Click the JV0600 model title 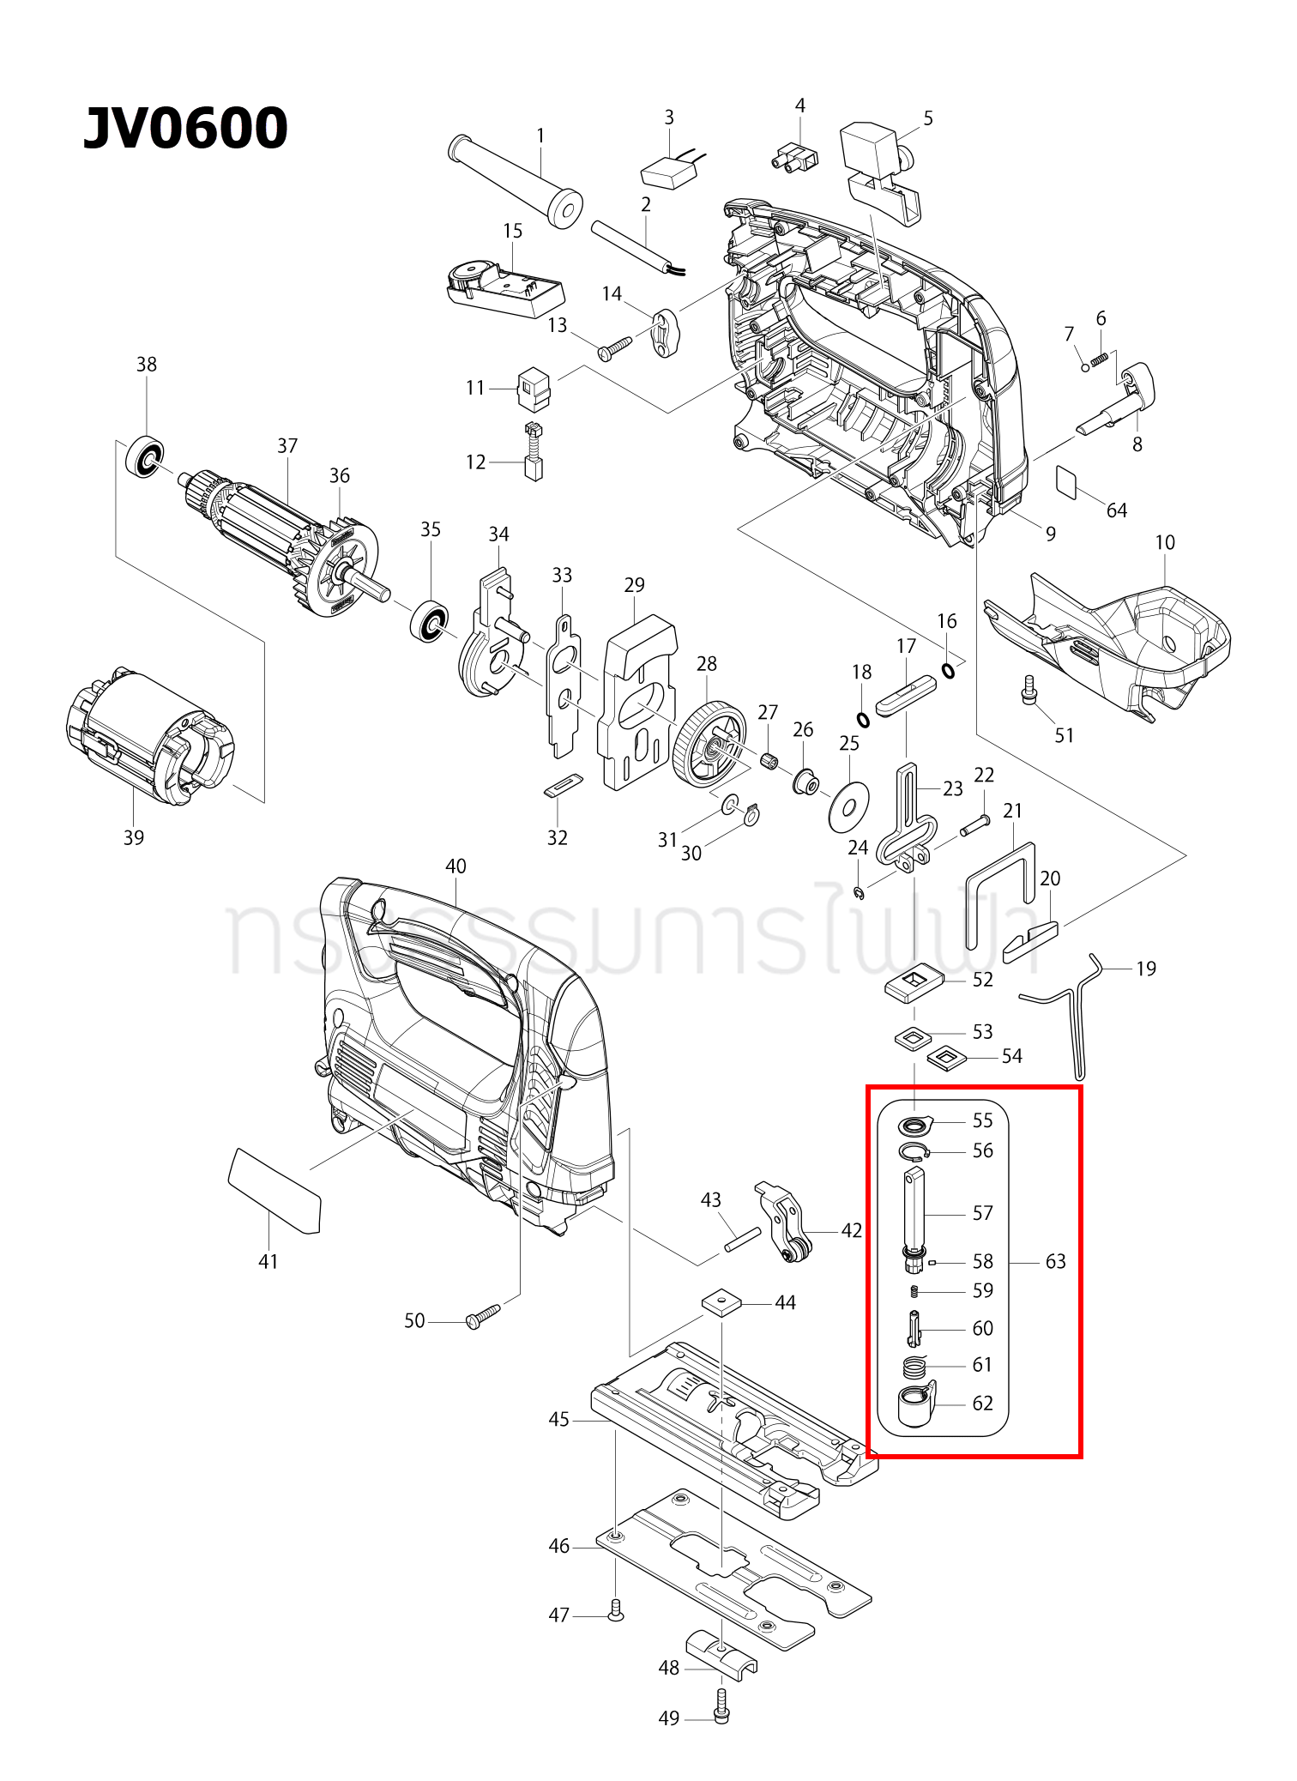click(x=185, y=129)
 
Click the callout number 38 click(x=147, y=364)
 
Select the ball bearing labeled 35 click(x=429, y=621)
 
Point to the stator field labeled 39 click(x=150, y=736)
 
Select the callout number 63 click(x=1055, y=1261)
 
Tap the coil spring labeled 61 click(x=915, y=1366)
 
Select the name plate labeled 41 click(x=274, y=1191)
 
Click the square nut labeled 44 click(x=721, y=1302)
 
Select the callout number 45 click(x=558, y=1420)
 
